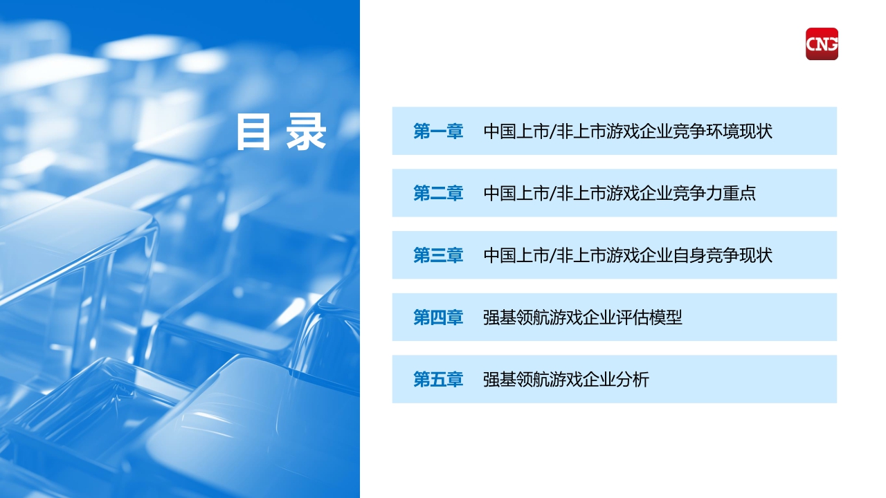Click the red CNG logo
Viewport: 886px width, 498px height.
pos(822,44)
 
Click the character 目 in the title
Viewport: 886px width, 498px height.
pos(253,131)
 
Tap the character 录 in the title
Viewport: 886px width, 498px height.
pos(306,131)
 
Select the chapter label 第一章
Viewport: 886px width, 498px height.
pos(438,131)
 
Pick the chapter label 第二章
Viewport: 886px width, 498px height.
pos(438,193)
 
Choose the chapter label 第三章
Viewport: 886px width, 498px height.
pos(438,255)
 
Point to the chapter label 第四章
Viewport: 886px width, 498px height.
pos(438,317)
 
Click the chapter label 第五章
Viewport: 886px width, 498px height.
pos(438,380)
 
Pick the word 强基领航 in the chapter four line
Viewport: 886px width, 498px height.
pos(516,317)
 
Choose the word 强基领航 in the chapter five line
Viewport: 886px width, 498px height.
pos(516,380)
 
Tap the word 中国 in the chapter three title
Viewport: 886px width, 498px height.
pos(500,255)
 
